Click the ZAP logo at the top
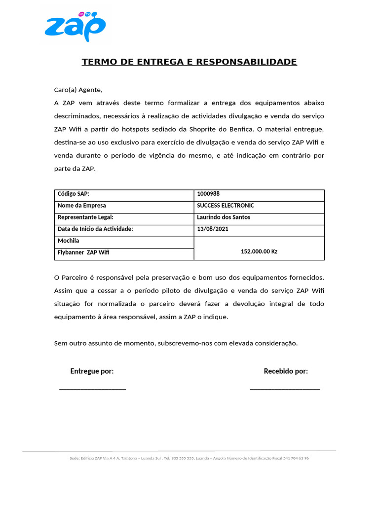coord(75,27)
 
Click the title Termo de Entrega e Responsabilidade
coord(189,62)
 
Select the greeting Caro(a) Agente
coord(78,90)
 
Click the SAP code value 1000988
coord(208,194)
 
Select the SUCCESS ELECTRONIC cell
coord(226,206)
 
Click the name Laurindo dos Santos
coord(224,217)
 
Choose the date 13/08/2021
coord(213,229)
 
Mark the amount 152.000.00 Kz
coord(259,252)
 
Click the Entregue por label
coord(92,371)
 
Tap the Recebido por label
coord(286,371)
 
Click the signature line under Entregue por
coord(92,389)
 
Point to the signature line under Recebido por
coord(285,389)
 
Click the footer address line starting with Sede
coord(189,458)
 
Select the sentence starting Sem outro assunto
coord(176,343)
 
